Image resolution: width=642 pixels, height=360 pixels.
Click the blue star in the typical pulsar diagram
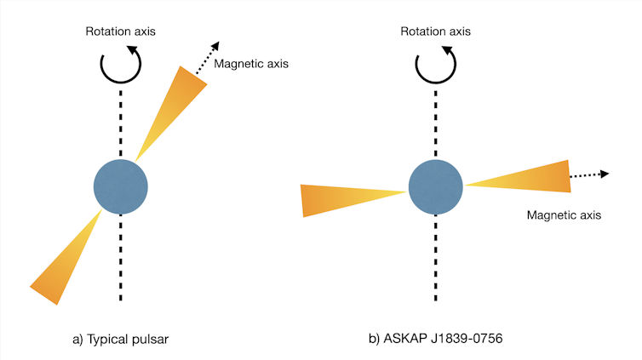coord(121,186)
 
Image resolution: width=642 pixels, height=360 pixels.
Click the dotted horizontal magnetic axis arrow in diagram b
coord(589,174)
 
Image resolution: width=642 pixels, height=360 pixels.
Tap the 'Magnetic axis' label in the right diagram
coord(564,215)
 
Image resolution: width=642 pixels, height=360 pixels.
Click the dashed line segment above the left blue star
coord(121,123)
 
